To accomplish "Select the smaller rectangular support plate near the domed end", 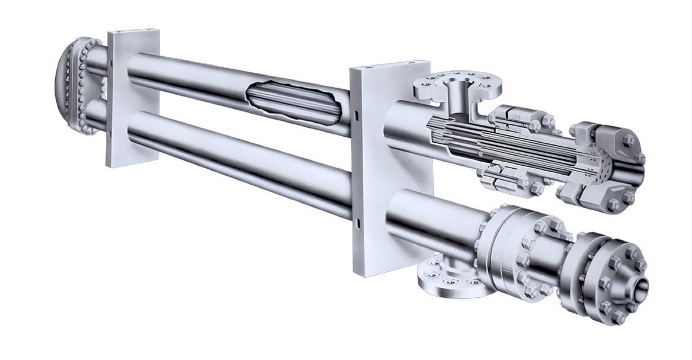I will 132,98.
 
